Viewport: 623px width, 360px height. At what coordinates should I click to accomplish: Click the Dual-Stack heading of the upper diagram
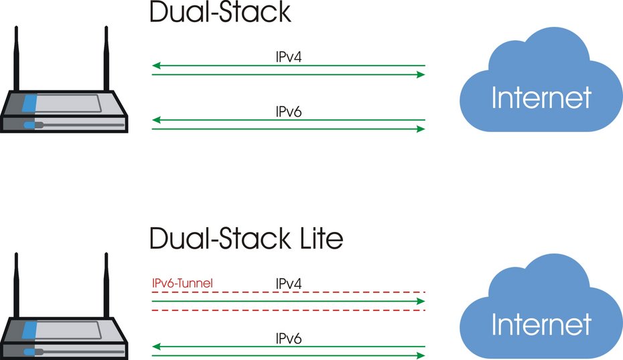[220, 13]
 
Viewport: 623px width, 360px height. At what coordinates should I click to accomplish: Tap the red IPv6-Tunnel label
[184, 284]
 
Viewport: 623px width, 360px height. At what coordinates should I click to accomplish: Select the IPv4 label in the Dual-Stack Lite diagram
[289, 284]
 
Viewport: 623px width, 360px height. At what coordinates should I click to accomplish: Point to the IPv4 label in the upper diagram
[289, 58]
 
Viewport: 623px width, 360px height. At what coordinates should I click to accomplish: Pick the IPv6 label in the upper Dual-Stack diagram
[289, 111]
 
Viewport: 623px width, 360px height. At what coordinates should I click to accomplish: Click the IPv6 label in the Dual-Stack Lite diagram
[289, 339]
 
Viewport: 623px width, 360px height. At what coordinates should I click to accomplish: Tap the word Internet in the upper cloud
[541, 98]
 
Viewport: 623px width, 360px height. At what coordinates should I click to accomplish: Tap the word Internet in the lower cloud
[541, 325]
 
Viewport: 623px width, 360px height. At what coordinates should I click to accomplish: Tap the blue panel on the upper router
[29, 104]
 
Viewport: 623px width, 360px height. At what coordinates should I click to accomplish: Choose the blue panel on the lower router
[29, 330]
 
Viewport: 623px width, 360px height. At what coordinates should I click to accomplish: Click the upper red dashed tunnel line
[288, 293]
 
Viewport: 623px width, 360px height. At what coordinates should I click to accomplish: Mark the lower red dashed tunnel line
[288, 310]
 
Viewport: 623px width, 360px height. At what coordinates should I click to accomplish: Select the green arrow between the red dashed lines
[288, 302]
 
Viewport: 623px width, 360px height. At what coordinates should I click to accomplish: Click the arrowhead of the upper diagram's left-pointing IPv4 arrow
[155, 66]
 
